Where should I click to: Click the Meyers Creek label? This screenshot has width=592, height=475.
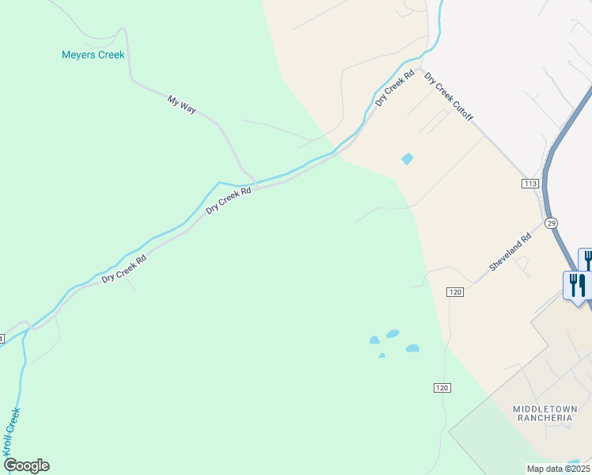click(93, 55)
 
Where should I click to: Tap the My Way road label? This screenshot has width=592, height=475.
click(181, 104)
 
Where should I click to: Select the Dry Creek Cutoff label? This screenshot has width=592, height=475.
click(449, 97)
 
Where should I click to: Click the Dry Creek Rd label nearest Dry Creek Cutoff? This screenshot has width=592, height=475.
click(395, 89)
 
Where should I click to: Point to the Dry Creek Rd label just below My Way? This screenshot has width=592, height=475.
click(229, 200)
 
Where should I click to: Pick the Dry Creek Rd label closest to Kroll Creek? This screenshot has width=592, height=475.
click(124, 268)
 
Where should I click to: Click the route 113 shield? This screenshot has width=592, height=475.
click(530, 184)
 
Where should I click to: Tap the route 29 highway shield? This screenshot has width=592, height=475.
click(552, 223)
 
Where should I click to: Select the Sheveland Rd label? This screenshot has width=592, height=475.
click(509, 253)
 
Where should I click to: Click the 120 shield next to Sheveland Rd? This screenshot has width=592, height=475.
click(454, 292)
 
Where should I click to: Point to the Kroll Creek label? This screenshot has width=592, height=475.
click(11, 431)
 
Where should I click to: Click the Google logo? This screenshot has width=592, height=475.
click(26, 465)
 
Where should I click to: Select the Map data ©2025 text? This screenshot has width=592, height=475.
click(558, 469)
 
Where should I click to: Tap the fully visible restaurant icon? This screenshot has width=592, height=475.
click(576, 284)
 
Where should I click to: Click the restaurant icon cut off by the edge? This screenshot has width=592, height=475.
click(586, 259)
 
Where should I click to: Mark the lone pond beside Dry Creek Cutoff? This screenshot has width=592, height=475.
click(407, 159)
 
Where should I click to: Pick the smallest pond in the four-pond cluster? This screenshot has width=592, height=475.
click(381, 355)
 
